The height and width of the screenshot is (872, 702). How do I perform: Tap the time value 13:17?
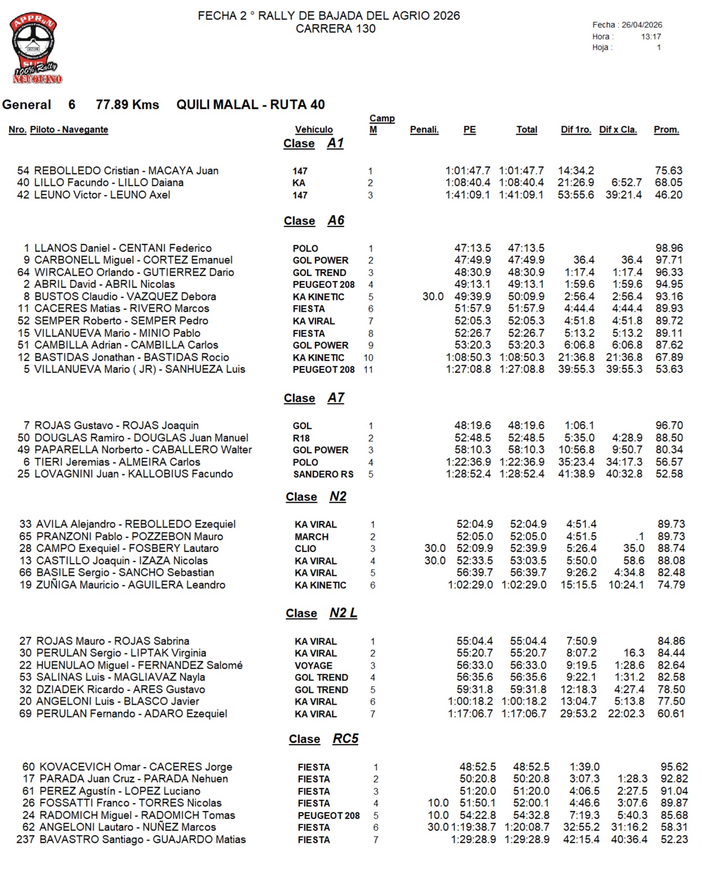coord(651,37)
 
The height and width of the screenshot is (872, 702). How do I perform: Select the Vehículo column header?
coord(314,130)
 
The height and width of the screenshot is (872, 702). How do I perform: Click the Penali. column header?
coord(424,130)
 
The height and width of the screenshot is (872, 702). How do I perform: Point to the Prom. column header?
coord(666,130)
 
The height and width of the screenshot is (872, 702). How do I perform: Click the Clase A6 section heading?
coord(314,221)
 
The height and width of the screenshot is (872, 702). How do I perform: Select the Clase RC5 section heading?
coord(323,739)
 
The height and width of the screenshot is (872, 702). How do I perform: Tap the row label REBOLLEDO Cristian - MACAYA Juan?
coord(126,171)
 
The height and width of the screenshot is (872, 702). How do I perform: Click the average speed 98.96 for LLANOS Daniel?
coord(669,248)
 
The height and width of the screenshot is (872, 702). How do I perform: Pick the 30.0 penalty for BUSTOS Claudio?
coord(433,297)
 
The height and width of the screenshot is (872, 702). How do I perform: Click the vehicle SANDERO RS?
coord(323,474)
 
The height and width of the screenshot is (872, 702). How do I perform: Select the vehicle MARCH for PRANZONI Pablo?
coord(312,537)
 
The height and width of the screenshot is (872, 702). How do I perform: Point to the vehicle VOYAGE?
coord(313,665)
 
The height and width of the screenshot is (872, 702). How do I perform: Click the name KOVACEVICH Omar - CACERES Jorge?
coord(136,767)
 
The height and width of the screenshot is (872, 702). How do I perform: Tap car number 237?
coord(25,839)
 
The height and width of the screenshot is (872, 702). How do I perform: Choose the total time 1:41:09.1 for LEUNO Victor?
coord(521,195)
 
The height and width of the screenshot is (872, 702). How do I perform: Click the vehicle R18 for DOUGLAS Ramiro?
coord(301,438)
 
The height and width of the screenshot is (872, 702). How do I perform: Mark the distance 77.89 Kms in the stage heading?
coord(127,105)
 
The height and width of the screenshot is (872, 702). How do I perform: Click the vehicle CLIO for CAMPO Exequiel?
coord(305,549)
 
